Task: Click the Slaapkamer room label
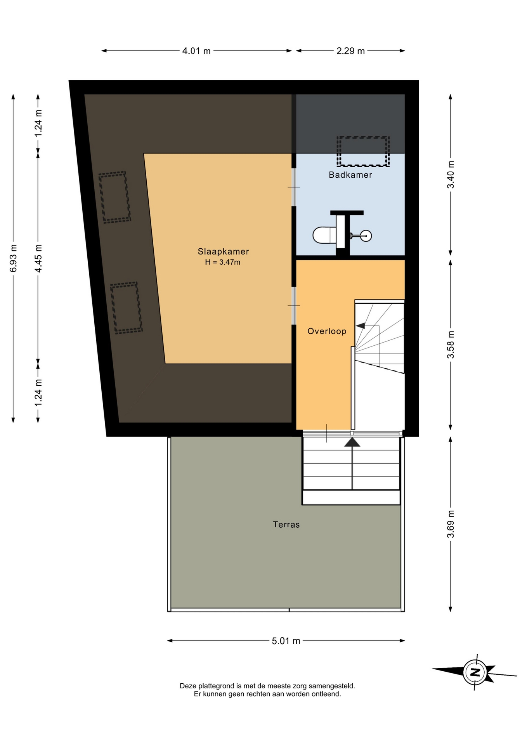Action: (x=223, y=251)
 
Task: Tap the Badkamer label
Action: (x=350, y=175)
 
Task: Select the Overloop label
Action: (x=327, y=331)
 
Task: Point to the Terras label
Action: (x=286, y=525)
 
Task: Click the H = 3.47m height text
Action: (x=223, y=262)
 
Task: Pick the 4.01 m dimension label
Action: (x=196, y=51)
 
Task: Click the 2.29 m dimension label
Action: (x=350, y=51)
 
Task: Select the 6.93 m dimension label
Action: (x=13, y=258)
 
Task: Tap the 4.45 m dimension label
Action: (x=38, y=258)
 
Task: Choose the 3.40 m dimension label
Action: (x=451, y=175)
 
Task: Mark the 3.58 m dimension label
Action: (x=451, y=345)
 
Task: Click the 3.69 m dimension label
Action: (x=451, y=524)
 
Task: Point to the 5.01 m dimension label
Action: (x=286, y=641)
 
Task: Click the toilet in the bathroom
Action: (x=324, y=235)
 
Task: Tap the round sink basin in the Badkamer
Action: (x=366, y=236)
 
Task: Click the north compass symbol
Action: (x=475, y=672)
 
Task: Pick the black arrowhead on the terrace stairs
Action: (x=352, y=442)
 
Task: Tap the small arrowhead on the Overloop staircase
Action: (x=360, y=326)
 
